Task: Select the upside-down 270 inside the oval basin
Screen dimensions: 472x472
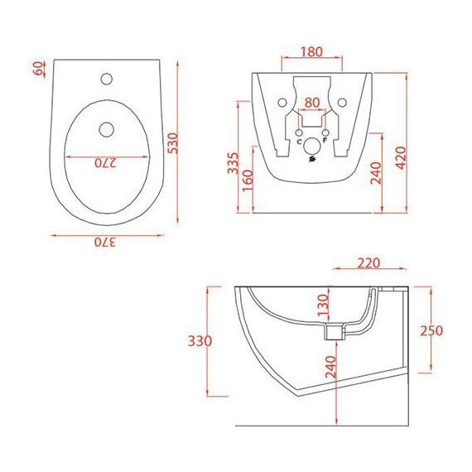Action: click(106, 163)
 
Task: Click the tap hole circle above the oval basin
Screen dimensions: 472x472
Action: click(106, 80)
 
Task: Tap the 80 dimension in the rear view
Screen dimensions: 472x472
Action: click(312, 104)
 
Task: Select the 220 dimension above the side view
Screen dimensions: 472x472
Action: click(368, 263)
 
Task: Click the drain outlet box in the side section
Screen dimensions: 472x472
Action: click(334, 333)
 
